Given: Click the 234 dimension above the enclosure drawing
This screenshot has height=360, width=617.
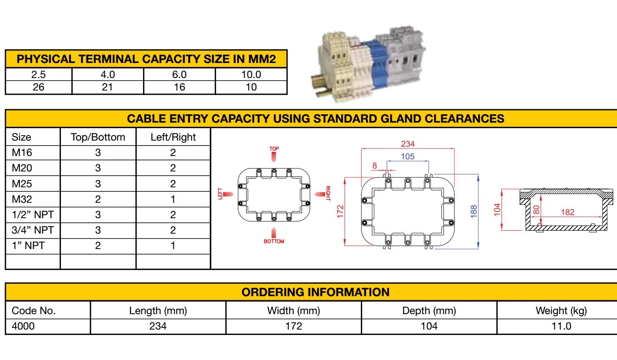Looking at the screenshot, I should (408, 144).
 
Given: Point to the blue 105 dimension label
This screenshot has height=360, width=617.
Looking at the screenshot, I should (408, 156).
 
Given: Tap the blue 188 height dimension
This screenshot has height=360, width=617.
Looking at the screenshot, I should (473, 211).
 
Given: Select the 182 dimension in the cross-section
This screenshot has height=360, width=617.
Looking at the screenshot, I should (567, 212).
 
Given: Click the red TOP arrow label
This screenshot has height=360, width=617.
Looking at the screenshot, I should (274, 149).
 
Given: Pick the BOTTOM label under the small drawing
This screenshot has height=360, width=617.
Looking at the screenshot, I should (274, 242).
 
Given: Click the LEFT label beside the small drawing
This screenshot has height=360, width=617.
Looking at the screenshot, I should (221, 194).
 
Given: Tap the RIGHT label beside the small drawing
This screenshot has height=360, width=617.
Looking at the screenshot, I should (328, 194).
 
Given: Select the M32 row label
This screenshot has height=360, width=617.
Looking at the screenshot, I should (22, 199).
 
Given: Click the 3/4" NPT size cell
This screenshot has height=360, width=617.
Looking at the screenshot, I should (33, 230).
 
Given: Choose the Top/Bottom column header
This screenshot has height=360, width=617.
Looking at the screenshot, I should (98, 137).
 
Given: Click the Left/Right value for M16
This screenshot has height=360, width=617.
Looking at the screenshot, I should (173, 153).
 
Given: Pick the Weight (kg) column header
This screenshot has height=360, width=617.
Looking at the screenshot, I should (561, 311).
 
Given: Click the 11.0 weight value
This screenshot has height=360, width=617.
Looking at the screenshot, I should (561, 326).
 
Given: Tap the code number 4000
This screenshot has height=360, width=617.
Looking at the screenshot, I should (23, 326).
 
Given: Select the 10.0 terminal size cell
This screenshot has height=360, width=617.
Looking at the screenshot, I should (251, 75).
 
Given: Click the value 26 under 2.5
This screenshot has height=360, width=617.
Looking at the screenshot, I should (38, 87).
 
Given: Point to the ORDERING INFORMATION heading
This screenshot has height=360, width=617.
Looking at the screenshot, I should (315, 292).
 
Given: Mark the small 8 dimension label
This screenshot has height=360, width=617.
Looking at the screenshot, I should (375, 166).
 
